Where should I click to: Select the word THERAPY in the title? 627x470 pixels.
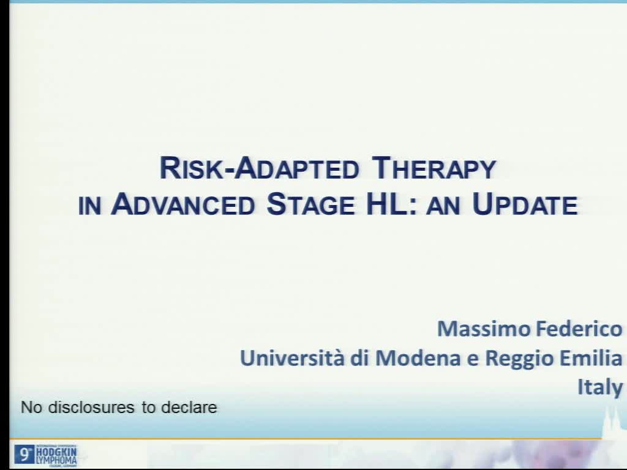click(434, 168)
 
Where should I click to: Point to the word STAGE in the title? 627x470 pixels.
click(310, 205)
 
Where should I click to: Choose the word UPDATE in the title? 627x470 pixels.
click(525, 205)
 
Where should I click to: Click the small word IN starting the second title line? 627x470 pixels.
click(89, 206)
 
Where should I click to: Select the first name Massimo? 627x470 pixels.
click(484, 329)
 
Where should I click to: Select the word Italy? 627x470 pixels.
click(600, 387)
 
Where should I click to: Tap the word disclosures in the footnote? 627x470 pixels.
click(92, 408)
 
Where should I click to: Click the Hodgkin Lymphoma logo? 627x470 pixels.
click(46, 455)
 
